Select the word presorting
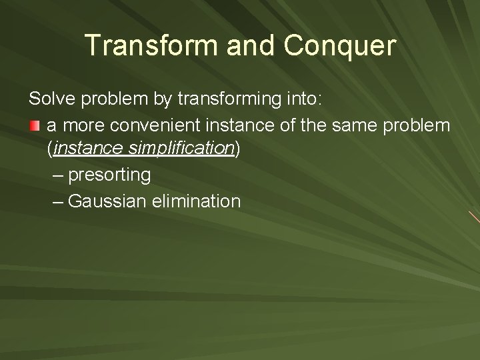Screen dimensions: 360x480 [109, 175]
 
